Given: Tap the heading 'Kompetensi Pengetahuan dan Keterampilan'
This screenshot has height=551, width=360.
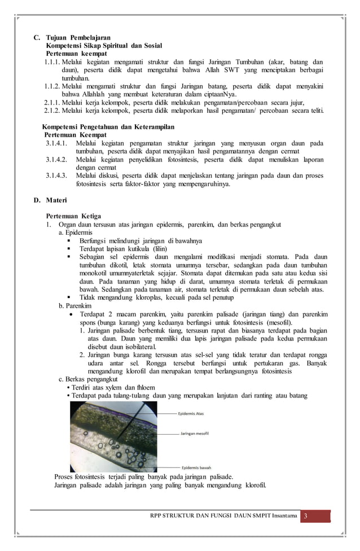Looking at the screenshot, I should point(109,126).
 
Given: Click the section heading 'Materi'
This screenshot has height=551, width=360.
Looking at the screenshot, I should point(56,200).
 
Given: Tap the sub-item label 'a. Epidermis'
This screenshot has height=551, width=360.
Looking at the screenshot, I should point(76,233).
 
